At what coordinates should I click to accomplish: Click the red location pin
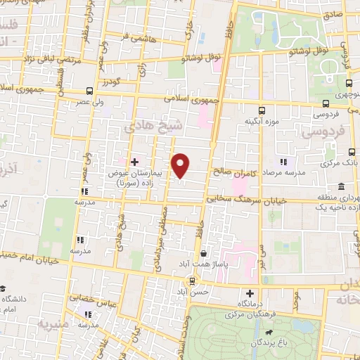tap(181, 165)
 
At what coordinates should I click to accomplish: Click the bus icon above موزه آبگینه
tap(262, 110)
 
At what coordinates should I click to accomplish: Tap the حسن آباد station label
tap(192, 291)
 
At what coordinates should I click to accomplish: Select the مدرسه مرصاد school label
tap(283, 172)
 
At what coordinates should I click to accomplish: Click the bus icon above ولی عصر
tap(89, 90)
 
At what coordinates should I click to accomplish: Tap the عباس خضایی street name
tap(92, 298)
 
